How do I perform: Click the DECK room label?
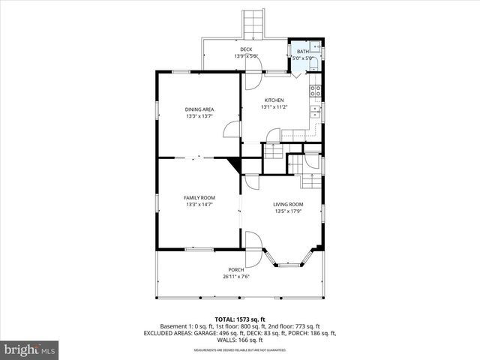pos(246,49)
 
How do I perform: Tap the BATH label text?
pos(302,51)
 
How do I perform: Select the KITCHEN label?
pos(274,100)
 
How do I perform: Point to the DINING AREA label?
pos(199,109)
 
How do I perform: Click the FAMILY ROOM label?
pos(199,197)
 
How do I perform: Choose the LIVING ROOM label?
pos(288,204)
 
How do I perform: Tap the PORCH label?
pos(236,269)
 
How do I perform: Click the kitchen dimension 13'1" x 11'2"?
pos(274,107)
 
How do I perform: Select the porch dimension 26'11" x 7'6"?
pos(236,277)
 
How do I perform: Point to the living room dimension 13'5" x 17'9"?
pos(288,211)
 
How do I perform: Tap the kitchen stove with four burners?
pos(316,91)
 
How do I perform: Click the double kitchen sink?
pos(316,112)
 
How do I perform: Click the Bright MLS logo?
pos(30,349)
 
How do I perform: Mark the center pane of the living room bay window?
pos(288,264)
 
